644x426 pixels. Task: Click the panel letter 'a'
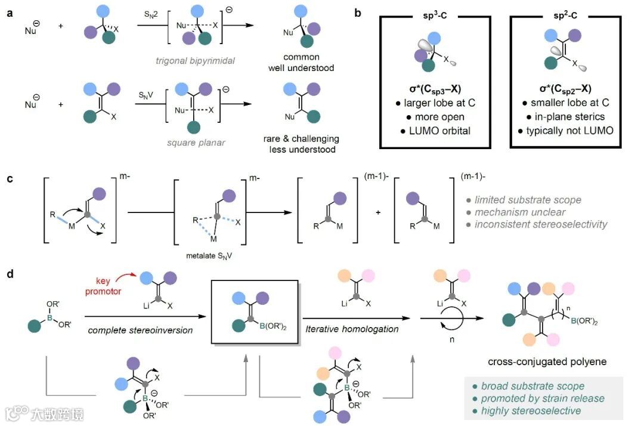tap(10, 13)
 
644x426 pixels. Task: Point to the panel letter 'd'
tap(10, 276)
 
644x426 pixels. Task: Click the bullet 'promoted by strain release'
tap(542, 398)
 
